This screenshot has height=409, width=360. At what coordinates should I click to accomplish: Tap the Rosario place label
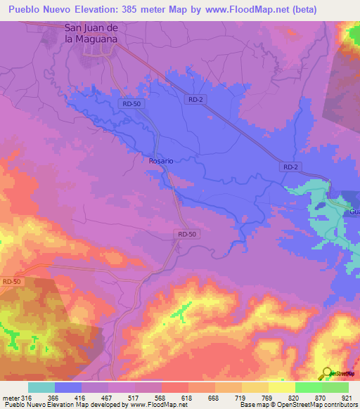coord(160,161)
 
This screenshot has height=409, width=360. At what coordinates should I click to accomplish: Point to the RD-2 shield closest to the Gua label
coord(290,167)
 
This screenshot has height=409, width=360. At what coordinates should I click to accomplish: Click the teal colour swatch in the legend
coord(41,387)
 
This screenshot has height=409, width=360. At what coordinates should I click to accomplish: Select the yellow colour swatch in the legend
coord(255,387)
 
